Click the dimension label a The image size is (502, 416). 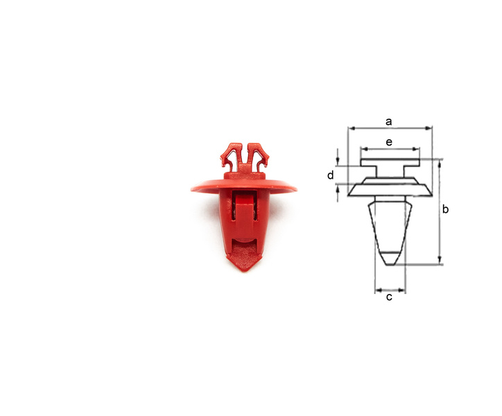tap(389, 122)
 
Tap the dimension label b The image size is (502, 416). tap(445, 209)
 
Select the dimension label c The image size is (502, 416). tap(389, 297)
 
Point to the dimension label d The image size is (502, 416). tap(331, 175)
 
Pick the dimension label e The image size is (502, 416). tap(389, 142)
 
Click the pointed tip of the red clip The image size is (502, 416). tap(245, 270)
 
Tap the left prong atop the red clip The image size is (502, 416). tap(230, 157)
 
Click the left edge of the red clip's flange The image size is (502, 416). tap(192, 189)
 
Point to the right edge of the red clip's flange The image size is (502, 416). tap(296, 190)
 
